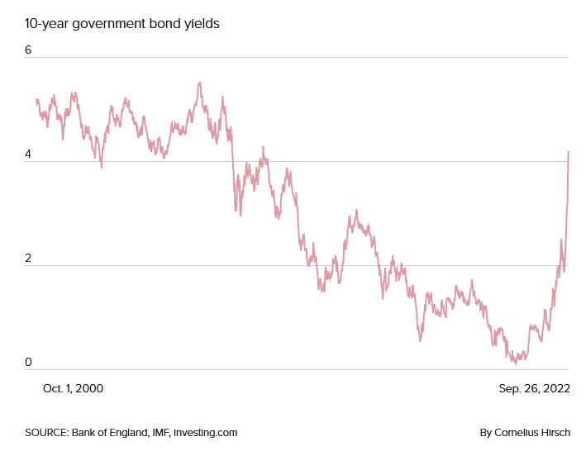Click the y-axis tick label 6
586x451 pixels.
[28, 50]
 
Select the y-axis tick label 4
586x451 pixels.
[28, 154]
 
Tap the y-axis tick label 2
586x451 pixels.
[28, 258]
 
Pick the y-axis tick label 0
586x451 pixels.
[28, 362]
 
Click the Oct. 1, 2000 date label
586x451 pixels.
[73, 387]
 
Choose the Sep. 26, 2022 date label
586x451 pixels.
[533, 387]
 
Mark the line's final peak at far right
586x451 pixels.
[569, 152]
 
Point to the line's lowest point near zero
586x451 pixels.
[515, 363]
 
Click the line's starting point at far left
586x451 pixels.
[36, 99]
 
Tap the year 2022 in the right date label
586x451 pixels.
[555, 387]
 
